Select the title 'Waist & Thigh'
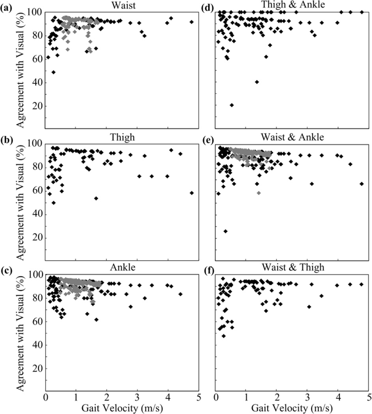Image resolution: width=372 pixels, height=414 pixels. click(292, 267)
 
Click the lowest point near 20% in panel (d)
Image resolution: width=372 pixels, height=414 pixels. click(232, 105)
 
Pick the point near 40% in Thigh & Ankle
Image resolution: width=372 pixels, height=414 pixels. click(257, 82)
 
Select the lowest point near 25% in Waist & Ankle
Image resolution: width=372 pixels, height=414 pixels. click(226, 231)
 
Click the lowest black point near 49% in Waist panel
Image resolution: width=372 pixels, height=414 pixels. click(53, 72)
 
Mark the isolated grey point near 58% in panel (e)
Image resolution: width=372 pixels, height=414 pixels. click(258, 193)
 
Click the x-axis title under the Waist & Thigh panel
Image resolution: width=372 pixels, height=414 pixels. click(292, 408)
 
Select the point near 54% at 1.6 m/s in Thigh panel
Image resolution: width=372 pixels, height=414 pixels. click(96, 198)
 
